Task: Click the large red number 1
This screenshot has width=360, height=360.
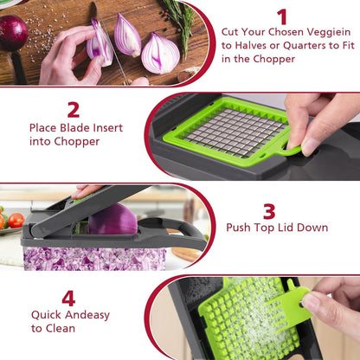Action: click(282, 16)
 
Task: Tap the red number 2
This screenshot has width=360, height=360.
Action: click(74, 110)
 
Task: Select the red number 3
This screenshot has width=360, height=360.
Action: click(269, 210)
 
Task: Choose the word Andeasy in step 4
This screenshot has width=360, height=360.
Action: click(87, 315)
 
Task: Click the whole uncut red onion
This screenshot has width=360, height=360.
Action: click(12, 33)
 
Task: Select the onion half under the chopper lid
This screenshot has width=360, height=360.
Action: click(112, 220)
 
